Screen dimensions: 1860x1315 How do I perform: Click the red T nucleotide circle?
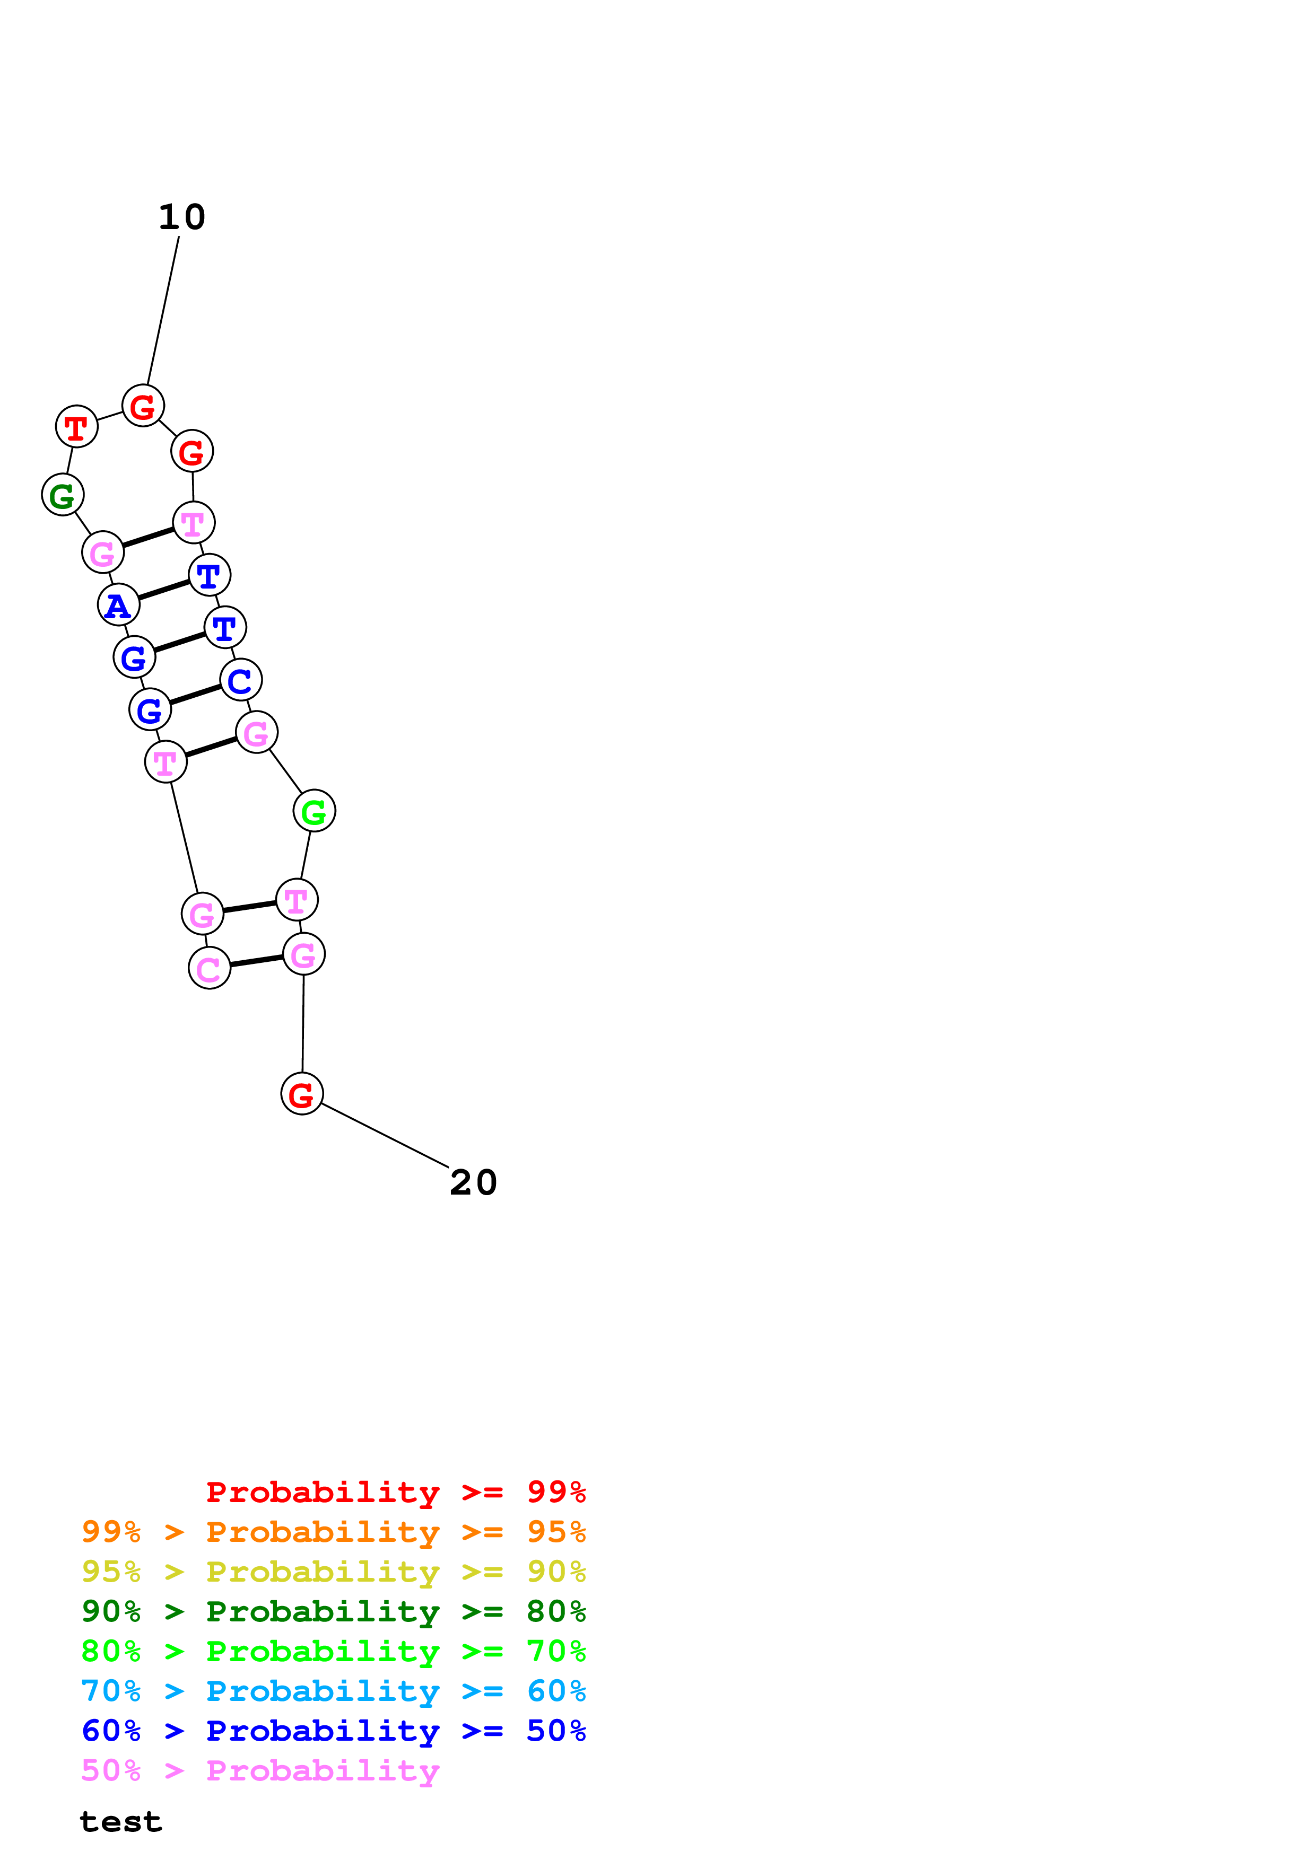tap(76, 426)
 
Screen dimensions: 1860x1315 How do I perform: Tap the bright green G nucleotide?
tap(313, 810)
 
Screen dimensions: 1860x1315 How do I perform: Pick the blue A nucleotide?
tap(118, 605)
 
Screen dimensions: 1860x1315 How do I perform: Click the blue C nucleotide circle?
tap(241, 680)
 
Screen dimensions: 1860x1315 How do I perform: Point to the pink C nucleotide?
tap(209, 968)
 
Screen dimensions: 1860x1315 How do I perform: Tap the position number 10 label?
tap(181, 217)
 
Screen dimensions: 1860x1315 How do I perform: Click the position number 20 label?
tap(473, 1183)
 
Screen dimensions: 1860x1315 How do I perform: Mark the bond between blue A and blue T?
tap(164, 590)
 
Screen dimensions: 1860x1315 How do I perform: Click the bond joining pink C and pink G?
tap(256, 961)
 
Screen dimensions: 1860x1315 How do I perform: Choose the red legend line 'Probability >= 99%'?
tap(395, 1491)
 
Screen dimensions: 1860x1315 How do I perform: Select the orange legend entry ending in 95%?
tap(333, 1532)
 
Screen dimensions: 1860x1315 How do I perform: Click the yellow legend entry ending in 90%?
tap(333, 1572)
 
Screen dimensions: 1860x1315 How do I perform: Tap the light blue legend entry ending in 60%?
tap(333, 1691)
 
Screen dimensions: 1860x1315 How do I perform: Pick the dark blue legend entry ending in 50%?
tap(333, 1731)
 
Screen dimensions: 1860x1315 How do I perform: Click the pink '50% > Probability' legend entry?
tap(260, 1770)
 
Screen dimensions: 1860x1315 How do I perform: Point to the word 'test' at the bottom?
tap(121, 1822)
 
